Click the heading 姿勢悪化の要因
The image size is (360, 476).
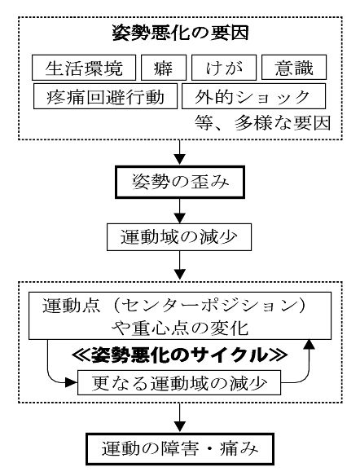click(x=181, y=33)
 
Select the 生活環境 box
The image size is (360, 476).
click(x=84, y=68)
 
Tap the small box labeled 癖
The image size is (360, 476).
click(x=164, y=68)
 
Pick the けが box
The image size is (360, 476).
click(x=224, y=68)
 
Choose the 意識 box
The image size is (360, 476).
click(x=294, y=68)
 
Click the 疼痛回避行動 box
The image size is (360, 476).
click(x=105, y=96)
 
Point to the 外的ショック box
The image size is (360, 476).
click(x=253, y=96)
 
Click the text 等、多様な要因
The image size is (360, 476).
click(x=262, y=123)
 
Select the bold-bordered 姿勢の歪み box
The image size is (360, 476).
click(x=180, y=182)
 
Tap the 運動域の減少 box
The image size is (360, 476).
click(x=179, y=237)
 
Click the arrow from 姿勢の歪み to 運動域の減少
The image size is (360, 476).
click(x=180, y=211)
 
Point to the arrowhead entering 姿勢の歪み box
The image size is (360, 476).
click(x=180, y=160)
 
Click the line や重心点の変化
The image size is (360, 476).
click(x=180, y=328)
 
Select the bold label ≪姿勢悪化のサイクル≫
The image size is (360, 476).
click(x=179, y=355)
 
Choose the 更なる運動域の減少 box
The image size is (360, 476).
click(x=179, y=382)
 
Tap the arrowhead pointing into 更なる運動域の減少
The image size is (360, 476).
click(x=72, y=382)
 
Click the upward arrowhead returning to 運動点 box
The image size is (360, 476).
click(x=310, y=345)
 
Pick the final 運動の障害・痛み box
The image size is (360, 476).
click(x=180, y=449)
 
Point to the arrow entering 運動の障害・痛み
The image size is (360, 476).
click(x=180, y=418)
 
